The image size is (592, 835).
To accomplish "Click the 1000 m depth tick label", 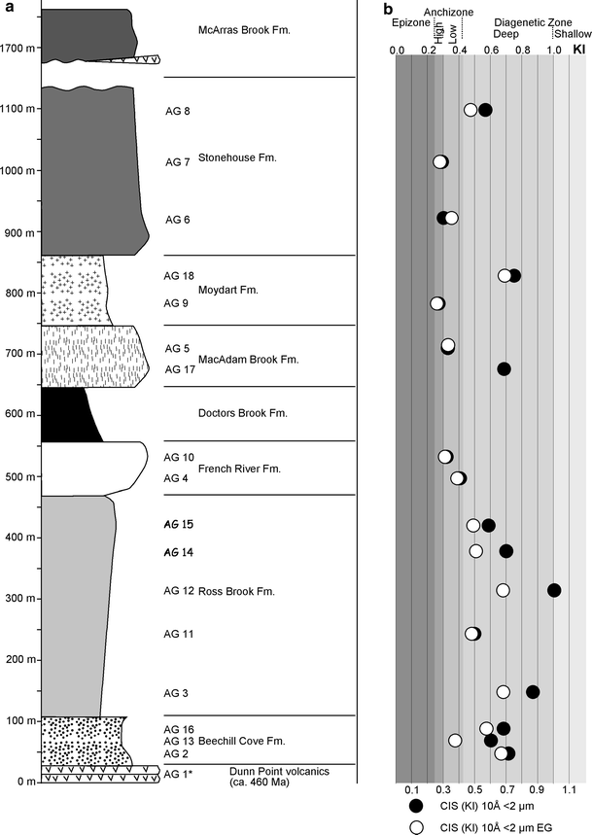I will tap(18, 171).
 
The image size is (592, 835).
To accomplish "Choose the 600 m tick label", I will tap(20, 415).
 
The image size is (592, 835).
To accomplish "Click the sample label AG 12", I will tap(179, 591).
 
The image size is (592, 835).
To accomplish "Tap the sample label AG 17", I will tap(179, 369).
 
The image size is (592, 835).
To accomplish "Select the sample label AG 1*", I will tap(180, 774).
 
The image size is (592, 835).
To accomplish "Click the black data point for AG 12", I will tap(554, 590).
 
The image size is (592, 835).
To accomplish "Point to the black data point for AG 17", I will tap(504, 368).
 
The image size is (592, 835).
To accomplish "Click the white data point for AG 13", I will tap(455, 740).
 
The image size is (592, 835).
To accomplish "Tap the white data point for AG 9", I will tap(437, 303).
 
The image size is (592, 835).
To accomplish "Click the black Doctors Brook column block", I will tap(70, 414).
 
